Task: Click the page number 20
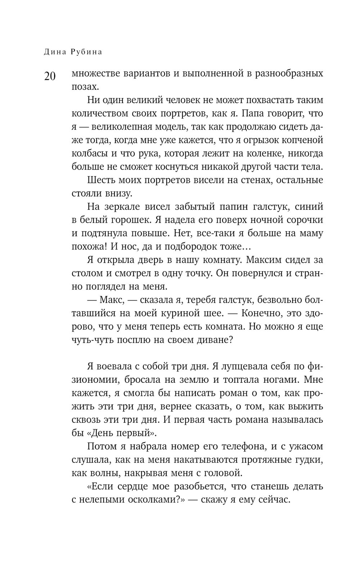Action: point(50,76)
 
